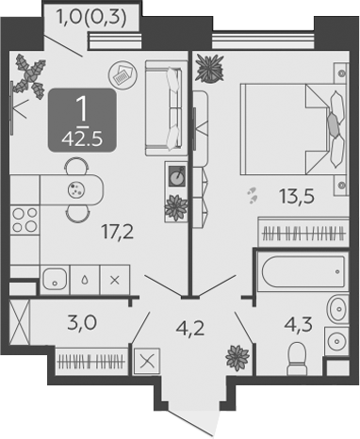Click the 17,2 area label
[117, 233]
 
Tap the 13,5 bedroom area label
[297, 197]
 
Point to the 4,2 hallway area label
[190, 329]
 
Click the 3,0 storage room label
[82, 323]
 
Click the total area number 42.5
[82, 138]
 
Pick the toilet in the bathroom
[297, 358]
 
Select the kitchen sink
[55, 280]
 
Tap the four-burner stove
[25, 219]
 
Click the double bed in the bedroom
[294, 129]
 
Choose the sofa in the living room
[163, 108]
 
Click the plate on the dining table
[76, 189]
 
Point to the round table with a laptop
[123, 75]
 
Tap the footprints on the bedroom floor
[253, 195]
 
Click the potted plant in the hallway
[237, 358]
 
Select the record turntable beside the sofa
[177, 176]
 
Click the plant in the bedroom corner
[209, 68]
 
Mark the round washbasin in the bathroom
[335, 309]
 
